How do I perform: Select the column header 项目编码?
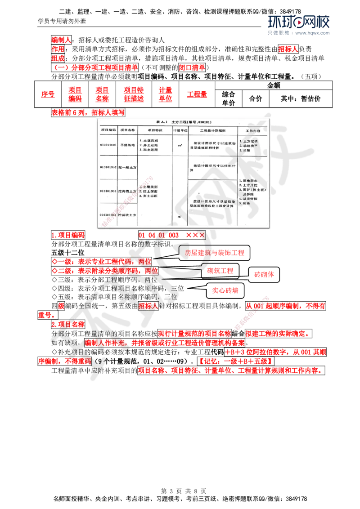pos(108,129)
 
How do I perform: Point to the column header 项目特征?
pos(155,129)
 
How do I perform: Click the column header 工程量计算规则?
pos(212,129)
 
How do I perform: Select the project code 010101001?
pos(108,145)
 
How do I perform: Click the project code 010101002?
pos(108,167)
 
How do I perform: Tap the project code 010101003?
pos(108,191)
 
